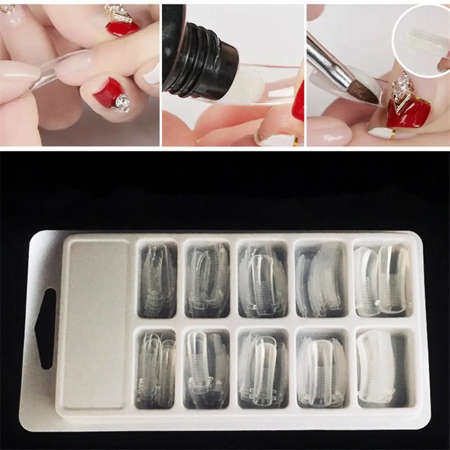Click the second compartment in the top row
(x=208, y=279)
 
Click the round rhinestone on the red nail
(x=121, y=103)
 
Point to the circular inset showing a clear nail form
(x=421, y=40)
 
